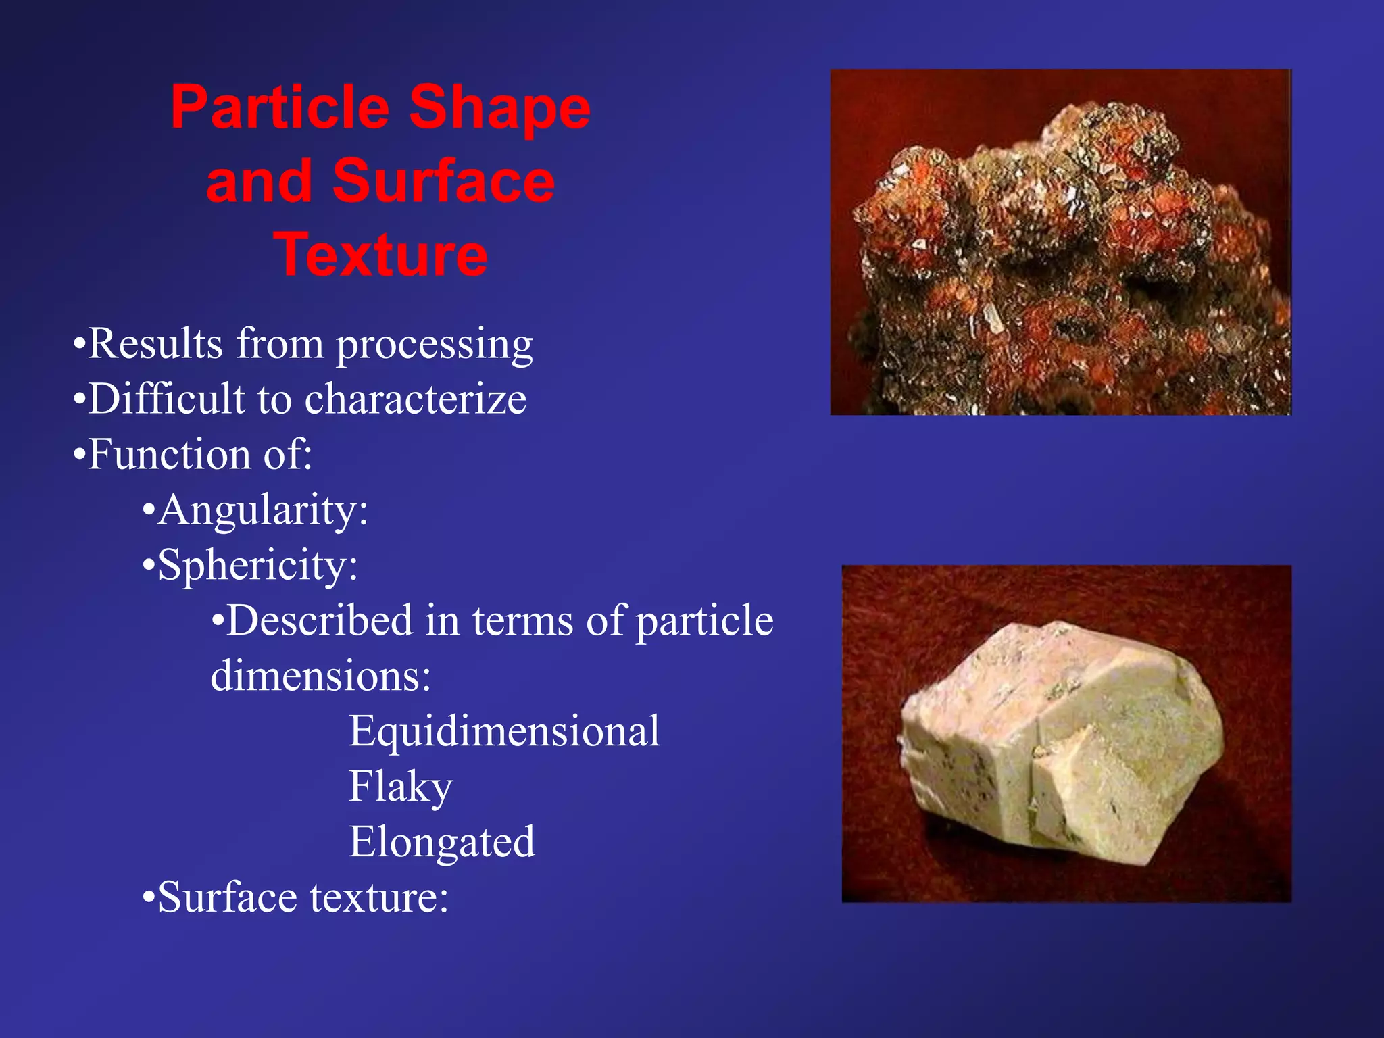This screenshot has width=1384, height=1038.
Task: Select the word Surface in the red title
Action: [x=443, y=181]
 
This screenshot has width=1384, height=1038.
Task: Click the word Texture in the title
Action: [x=380, y=255]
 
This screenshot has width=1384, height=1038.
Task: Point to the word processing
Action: [x=435, y=345]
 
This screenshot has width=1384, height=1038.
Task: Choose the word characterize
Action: [x=416, y=399]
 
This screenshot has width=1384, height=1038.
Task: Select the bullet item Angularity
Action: [x=262, y=510]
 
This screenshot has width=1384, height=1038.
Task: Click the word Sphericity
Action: [x=257, y=565]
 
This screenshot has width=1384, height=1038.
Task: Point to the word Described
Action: [x=319, y=620]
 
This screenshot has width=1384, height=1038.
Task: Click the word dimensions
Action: [x=320, y=676]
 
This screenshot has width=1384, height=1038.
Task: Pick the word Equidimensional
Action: [x=504, y=731]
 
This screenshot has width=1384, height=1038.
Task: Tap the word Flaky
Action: [x=400, y=787]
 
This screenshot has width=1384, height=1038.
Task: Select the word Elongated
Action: [x=442, y=842]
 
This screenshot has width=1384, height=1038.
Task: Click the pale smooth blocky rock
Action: [x=1061, y=743]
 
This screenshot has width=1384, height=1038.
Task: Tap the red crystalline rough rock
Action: [x=1068, y=264]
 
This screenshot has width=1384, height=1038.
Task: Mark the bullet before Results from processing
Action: [x=79, y=345]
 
